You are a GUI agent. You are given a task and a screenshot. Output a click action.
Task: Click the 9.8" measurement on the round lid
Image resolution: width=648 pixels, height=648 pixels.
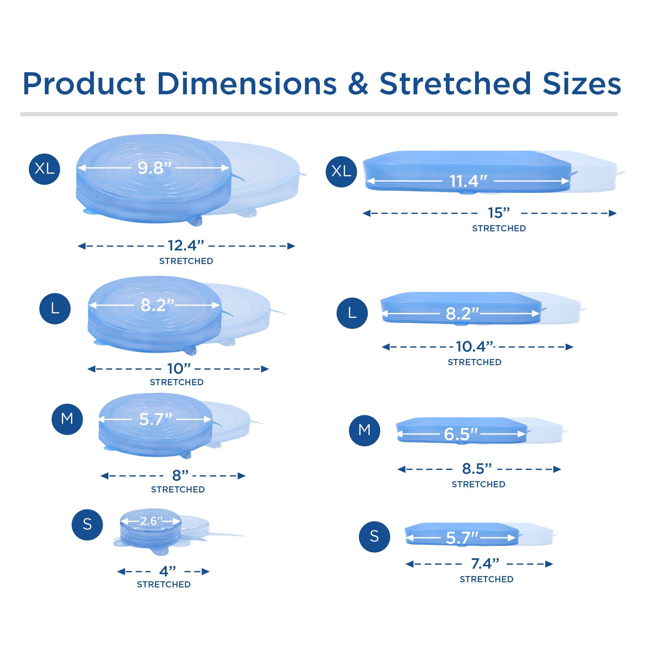click(x=155, y=168)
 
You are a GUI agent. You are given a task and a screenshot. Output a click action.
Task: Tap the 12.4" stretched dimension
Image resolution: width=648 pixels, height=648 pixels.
click(x=186, y=246)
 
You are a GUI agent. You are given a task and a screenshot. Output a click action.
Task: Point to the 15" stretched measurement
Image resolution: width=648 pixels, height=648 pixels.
click(x=499, y=213)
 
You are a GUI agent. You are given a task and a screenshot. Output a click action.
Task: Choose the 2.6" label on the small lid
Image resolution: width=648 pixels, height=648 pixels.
click(x=151, y=521)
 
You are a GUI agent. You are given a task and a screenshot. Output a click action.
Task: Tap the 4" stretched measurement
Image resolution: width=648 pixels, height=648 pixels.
click(x=168, y=571)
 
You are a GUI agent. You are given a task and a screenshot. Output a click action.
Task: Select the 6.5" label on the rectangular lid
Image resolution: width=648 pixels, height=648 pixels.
click(x=460, y=434)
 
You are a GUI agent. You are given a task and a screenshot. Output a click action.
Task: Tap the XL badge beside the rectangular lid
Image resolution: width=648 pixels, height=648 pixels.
click(x=341, y=172)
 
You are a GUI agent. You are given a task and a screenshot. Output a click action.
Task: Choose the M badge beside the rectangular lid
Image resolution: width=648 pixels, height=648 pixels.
click(x=364, y=430)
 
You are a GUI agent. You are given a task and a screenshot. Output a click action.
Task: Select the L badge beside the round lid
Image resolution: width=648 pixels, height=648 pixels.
click(x=55, y=308)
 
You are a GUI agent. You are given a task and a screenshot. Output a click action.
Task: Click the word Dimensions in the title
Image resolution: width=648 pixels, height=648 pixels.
click(x=247, y=84)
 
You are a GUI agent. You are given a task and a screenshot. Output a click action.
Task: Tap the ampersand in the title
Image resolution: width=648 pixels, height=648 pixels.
click(x=358, y=84)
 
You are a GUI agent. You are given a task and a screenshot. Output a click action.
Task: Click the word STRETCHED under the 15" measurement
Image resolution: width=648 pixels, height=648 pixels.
click(x=499, y=228)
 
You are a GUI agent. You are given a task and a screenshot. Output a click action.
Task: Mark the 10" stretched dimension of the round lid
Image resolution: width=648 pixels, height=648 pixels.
click(x=179, y=369)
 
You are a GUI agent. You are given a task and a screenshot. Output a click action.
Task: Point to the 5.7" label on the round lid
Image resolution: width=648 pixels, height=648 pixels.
click(x=156, y=419)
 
